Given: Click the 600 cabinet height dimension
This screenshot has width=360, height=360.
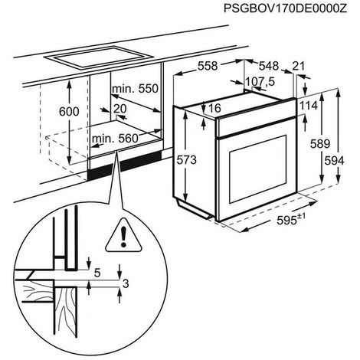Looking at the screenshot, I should coord(70,111).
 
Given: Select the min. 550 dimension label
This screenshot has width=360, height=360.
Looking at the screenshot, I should coord(136,90).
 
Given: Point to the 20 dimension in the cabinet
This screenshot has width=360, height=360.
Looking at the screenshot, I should coord(119,110).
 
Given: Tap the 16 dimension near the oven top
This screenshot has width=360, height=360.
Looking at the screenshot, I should coord(214,109).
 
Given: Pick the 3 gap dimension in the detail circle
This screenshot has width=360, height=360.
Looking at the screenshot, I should coord(124,283).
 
